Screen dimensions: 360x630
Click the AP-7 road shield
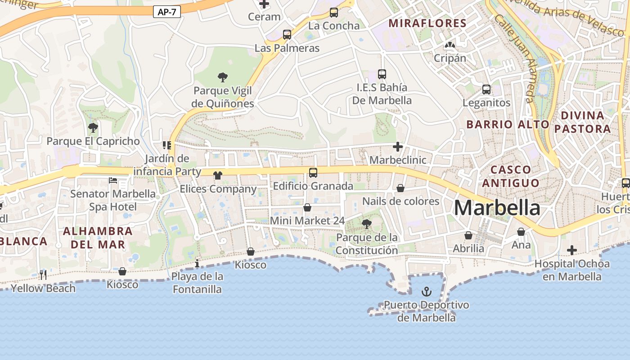(x=167, y=12)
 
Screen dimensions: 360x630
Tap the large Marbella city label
(x=497, y=208)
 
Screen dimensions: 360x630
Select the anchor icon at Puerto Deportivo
(x=426, y=292)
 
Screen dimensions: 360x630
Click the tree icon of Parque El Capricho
(x=93, y=128)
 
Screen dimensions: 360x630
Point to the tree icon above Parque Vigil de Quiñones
(x=222, y=77)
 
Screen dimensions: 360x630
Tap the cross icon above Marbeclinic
(x=398, y=147)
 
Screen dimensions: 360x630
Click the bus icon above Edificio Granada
(x=313, y=172)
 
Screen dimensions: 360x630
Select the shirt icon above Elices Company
(x=218, y=175)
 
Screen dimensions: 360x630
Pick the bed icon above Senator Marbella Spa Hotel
(x=113, y=180)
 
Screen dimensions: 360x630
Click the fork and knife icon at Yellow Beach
(x=43, y=274)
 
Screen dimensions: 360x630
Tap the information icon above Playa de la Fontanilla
(x=197, y=263)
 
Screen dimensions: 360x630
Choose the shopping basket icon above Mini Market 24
(x=307, y=207)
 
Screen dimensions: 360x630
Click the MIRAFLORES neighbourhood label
(x=427, y=23)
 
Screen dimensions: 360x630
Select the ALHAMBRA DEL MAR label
(x=98, y=238)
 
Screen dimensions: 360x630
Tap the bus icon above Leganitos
(x=486, y=89)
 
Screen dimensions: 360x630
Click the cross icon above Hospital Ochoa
(x=572, y=250)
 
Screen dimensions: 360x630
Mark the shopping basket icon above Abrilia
(x=468, y=235)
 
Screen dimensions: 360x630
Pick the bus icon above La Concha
(x=334, y=13)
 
